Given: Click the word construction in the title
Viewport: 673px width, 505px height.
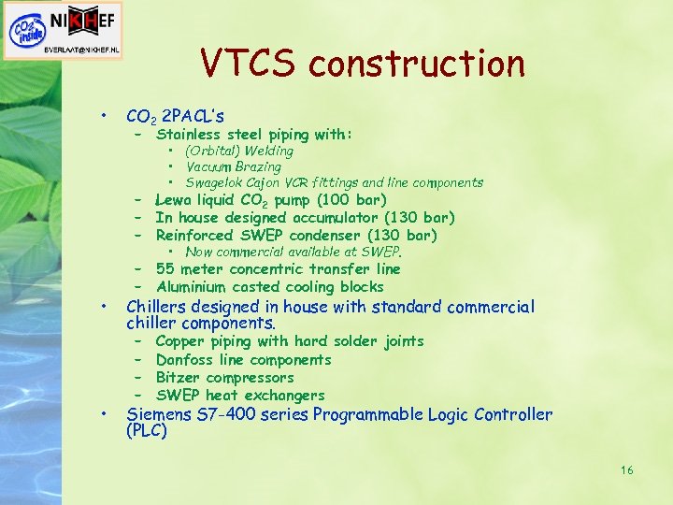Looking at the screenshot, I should click(x=417, y=64).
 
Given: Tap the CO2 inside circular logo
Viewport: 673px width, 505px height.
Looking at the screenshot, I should click(x=25, y=30).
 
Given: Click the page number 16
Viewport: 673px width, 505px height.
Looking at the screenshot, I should click(x=626, y=469).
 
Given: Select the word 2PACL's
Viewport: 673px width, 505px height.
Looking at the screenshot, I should click(x=193, y=117).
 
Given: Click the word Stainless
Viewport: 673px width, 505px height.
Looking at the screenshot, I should click(x=188, y=135).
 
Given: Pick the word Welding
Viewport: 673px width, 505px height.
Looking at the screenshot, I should click(x=268, y=151).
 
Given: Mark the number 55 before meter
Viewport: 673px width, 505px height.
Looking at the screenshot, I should click(x=165, y=269).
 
